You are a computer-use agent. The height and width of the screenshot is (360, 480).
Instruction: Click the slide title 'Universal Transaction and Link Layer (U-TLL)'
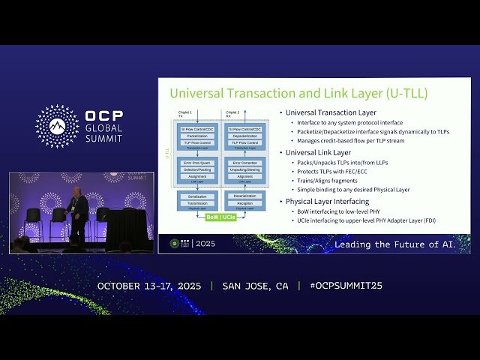point(298,94)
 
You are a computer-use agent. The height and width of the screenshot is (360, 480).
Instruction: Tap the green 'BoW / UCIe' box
point(221,217)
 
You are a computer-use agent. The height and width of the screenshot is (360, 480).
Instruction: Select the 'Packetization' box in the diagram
point(197,136)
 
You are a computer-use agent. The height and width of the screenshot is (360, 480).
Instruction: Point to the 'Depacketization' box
point(245,136)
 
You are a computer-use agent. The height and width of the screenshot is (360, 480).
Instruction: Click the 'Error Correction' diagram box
point(245,163)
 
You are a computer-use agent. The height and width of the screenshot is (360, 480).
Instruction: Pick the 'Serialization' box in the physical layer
point(197,196)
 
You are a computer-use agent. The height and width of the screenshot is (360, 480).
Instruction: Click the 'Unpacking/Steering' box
point(245,169)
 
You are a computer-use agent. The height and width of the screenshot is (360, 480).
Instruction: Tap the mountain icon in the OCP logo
point(57,126)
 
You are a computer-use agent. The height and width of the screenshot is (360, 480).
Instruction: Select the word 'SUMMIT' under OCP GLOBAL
point(104,139)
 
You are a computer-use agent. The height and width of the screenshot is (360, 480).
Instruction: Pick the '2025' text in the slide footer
point(204,244)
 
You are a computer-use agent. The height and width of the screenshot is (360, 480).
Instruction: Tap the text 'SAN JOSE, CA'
point(255,286)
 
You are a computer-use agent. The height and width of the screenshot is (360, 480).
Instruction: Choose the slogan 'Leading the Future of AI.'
point(401,244)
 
